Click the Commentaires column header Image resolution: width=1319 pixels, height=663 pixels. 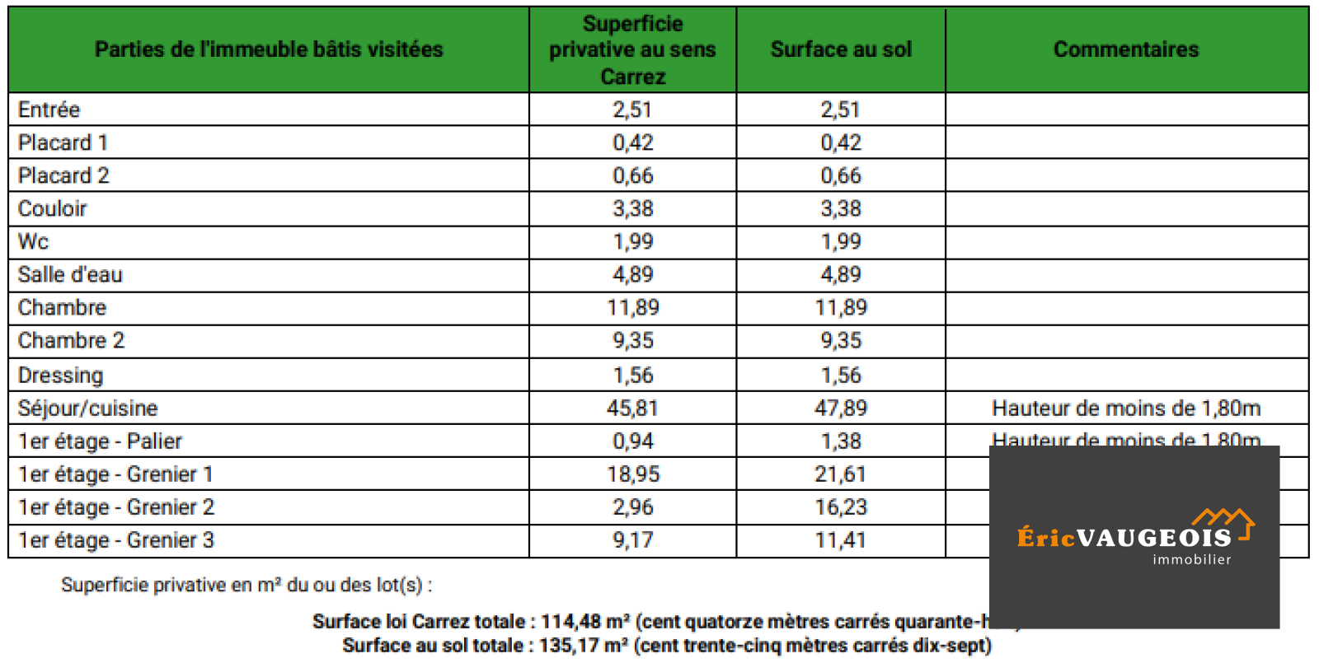(1126, 49)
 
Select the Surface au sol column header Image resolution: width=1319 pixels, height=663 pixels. (841, 49)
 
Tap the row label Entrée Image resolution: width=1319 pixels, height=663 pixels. (49, 110)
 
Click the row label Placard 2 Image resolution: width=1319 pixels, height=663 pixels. (63, 175)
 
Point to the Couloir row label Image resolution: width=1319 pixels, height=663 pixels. (53, 208)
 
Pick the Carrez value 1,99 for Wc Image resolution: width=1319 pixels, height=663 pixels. (632, 241)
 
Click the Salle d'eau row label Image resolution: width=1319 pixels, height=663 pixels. (70, 274)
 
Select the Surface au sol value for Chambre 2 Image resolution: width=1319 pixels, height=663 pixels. (841, 340)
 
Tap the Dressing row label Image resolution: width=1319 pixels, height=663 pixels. (61, 375)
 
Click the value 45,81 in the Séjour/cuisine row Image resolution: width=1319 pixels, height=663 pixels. (632, 408)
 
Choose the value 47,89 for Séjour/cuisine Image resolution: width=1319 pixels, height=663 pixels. (841, 408)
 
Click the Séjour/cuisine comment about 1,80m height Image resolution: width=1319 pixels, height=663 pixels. (1126, 408)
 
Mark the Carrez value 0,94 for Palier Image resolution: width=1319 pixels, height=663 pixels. (632, 441)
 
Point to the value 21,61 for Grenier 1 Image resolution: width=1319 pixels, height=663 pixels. (841, 474)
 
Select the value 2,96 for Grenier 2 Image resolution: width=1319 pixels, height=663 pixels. (632, 507)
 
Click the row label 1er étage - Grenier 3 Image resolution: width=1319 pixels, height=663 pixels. (116, 540)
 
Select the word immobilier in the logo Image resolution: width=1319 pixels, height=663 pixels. (1191, 559)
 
